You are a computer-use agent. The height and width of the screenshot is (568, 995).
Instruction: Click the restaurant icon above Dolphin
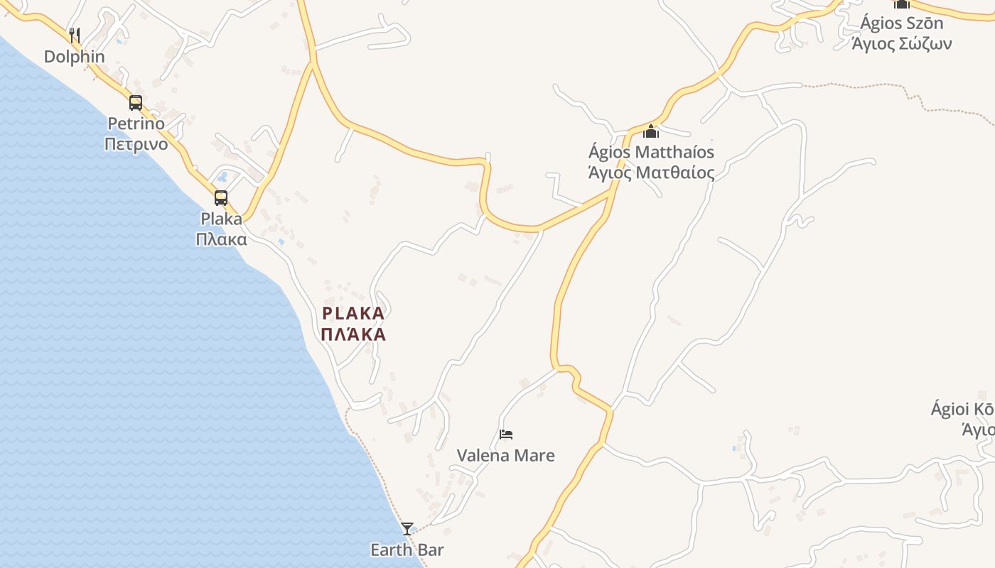[74, 34]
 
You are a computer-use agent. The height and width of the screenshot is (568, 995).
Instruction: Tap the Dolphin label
[74, 57]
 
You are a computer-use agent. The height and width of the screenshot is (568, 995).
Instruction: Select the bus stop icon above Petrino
[136, 103]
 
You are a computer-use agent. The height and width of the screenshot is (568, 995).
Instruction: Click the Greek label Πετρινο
[136, 144]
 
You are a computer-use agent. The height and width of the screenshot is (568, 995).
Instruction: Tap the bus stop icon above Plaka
[221, 198]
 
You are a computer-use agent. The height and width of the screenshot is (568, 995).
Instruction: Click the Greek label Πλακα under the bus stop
[221, 239]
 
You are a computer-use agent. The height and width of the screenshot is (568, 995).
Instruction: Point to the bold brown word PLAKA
[353, 313]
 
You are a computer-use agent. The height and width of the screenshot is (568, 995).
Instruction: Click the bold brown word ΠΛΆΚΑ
[353, 334]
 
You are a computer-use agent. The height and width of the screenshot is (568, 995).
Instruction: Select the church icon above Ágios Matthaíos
[651, 131]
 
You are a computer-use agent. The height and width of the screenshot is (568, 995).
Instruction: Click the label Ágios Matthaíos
[651, 152]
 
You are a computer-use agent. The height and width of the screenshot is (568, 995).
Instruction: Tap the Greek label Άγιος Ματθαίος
[651, 173]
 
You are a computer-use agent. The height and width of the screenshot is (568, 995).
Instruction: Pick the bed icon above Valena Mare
[506, 434]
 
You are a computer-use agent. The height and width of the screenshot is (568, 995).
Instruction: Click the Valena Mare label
[505, 455]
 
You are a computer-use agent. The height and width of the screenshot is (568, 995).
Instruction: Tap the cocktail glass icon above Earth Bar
[407, 528]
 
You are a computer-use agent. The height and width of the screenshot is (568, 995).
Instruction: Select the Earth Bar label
[407, 550]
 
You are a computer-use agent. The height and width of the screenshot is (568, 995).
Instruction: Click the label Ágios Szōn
[901, 23]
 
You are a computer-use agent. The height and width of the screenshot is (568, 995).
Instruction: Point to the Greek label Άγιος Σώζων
[901, 43]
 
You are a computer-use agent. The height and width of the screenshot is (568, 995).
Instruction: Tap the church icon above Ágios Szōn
[901, 4]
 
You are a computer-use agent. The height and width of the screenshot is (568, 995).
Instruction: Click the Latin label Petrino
[136, 124]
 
